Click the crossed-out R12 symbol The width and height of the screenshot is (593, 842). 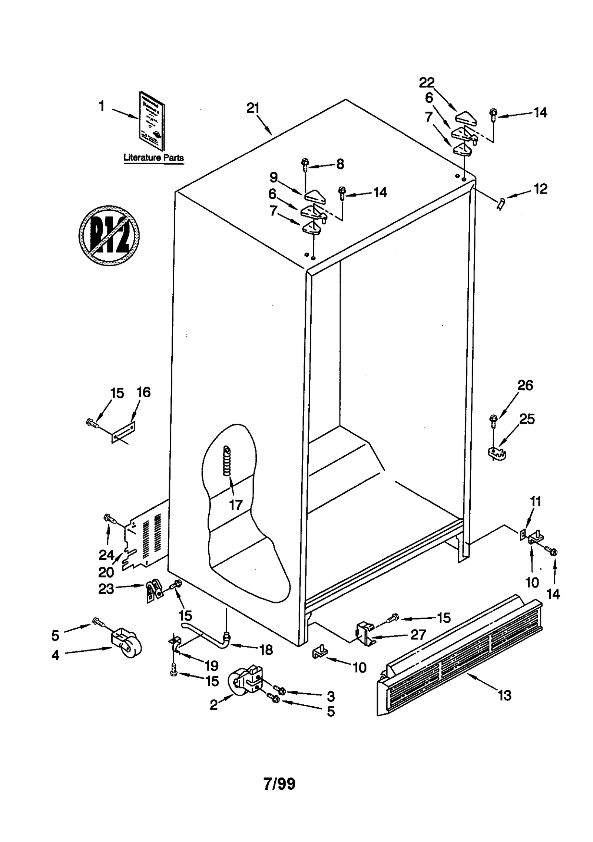pyautogui.click(x=109, y=236)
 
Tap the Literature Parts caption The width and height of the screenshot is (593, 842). pyautogui.click(x=153, y=157)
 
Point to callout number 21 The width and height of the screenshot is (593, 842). pyautogui.click(x=253, y=108)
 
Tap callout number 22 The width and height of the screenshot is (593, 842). pyautogui.click(x=427, y=82)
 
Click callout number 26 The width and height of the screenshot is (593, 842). pyautogui.click(x=525, y=385)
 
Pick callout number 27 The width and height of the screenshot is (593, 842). pyautogui.click(x=418, y=635)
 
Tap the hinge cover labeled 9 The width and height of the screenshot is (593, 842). pyautogui.click(x=315, y=197)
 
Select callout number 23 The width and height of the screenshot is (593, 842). pyautogui.click(x=106, y=589)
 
